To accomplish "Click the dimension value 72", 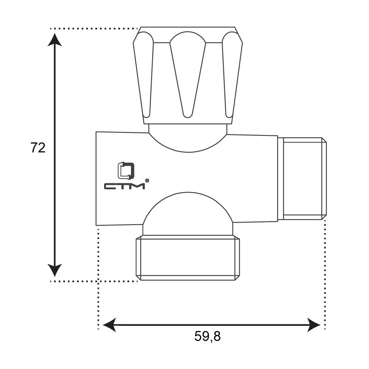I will point(38,148).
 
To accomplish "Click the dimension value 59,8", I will point(207,336).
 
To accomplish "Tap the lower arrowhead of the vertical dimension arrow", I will point(55,270).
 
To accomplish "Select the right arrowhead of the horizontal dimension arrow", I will point(314,325).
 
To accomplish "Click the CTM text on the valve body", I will point(124,186).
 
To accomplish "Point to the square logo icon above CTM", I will point(126,170).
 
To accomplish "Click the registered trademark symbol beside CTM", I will point(147,180).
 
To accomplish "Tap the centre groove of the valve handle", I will point(188,74).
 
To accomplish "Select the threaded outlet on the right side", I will point(302,179).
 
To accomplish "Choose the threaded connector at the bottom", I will point(188,258).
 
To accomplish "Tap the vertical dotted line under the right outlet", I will point(325,273).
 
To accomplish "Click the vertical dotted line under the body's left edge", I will point(99,277).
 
